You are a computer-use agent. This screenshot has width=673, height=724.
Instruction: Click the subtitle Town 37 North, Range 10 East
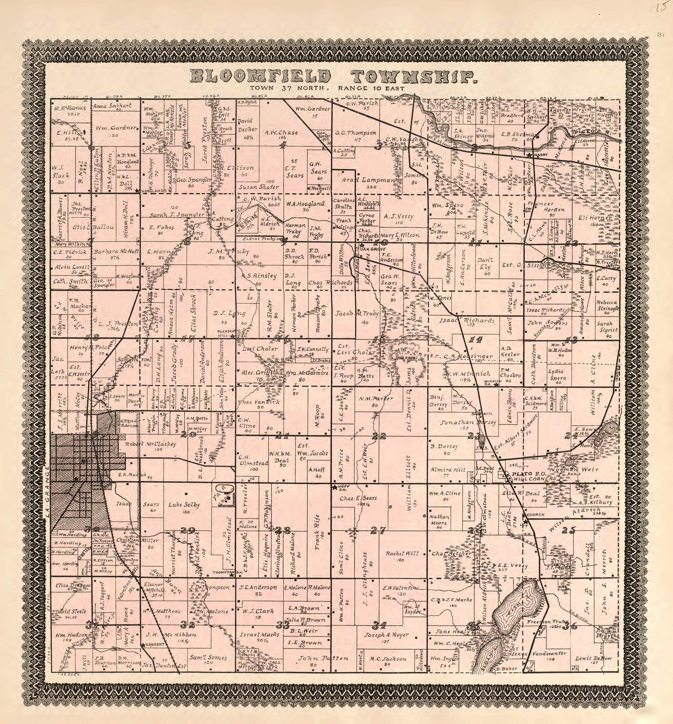327,88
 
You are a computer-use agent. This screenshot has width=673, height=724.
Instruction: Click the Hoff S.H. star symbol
334,487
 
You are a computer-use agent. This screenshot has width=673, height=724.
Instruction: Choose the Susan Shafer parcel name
259,187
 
